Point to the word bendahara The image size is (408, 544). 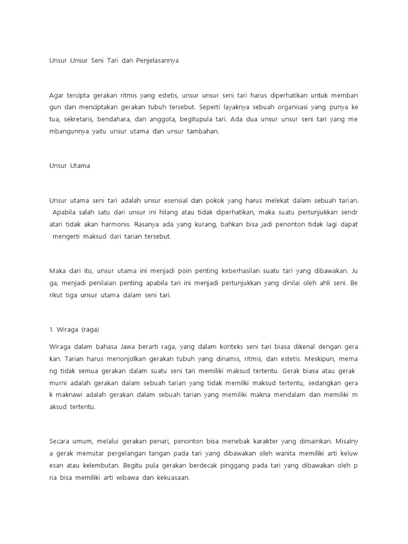(x=125, y=119)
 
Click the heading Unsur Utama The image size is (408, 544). (x=70, y=166)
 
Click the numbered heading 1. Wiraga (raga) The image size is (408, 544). (x=74, y=329)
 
